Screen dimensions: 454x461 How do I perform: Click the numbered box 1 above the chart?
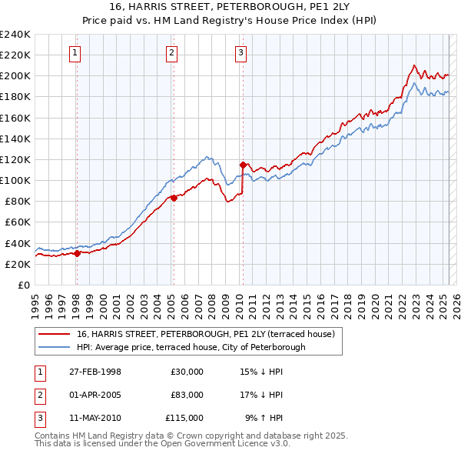(x=75, y=53)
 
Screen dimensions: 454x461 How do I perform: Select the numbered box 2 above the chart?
(x=171, y=53)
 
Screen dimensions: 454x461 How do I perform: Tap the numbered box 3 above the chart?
(x=240, y=53)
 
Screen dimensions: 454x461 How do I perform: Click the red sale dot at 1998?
(x=78, y=253)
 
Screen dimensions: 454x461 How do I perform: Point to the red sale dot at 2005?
(x=174, y=198)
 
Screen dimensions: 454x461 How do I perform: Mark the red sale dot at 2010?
(x=243, y=165)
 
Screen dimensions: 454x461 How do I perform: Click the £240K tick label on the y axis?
(x=15, y=35)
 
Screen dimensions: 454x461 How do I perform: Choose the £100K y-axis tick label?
(x=15, y=180)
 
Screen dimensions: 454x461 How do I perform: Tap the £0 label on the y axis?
(x=23, y=285)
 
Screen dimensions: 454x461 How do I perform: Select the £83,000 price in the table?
(x=187, y=395)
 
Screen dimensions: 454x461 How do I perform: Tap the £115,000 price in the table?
(x=184, y=418)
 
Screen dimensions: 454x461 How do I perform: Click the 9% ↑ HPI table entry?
(x=264, y=418)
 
